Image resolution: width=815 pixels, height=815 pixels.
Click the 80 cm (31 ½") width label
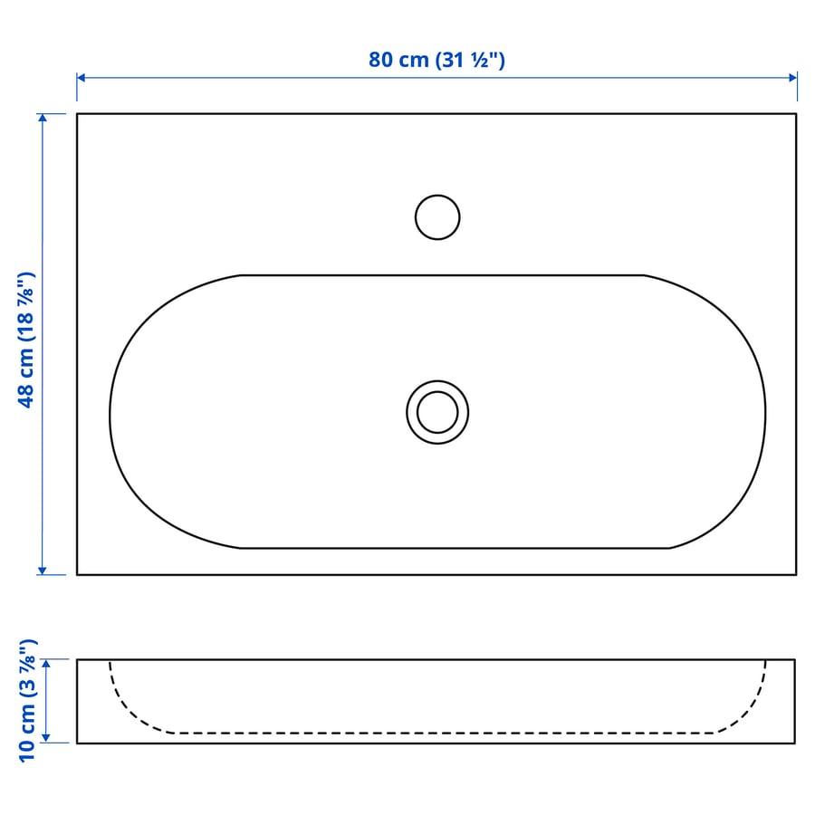[x=436, y=60]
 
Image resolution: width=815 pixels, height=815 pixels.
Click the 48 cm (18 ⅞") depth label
[x=26, y=340]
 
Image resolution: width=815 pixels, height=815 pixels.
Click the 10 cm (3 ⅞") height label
[x=26, y=699]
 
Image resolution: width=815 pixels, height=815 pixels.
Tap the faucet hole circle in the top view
[x=437, y=217]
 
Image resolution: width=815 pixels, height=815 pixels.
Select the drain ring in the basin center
[x=437, y=412]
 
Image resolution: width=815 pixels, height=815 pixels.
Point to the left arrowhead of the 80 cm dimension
[x=81, y=77]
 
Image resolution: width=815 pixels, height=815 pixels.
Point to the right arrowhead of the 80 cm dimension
[x=793, y=77]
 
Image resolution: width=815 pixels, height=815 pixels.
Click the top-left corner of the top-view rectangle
[x=77, y=114]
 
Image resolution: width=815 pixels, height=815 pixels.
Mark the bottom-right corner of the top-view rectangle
[x=796, y=574]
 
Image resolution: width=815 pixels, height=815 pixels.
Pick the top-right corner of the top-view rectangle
[x=796, y=114]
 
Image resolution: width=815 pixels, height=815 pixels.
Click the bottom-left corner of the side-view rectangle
[x=77, y=743]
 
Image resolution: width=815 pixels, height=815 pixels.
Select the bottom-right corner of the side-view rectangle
[x=796, y=743]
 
